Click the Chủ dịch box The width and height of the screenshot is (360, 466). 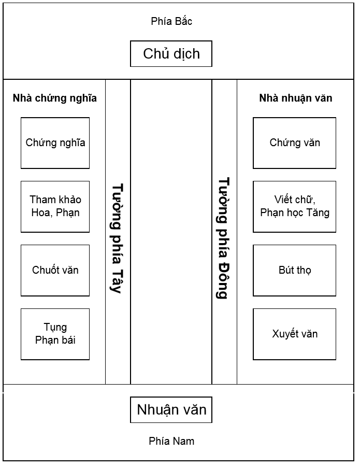[x=171, y=54]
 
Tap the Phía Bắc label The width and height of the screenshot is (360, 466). [x=171, y=21]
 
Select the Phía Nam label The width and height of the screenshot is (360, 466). [x=171, y=441]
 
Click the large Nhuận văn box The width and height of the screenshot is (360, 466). [x=171, y=410]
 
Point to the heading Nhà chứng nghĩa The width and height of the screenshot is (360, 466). [x=55, y=98]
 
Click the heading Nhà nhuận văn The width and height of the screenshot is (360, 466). [x=296, y=98]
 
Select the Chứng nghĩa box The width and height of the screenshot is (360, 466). [x=55, y=143]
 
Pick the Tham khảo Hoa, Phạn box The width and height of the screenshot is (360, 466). [x=55, y=206]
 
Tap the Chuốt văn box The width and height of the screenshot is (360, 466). [x=55, y=271]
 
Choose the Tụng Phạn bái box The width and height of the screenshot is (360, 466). [x=55, y=334]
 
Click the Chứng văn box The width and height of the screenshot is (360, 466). [x=294, y=143]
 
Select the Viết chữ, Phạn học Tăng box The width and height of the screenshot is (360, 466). [x=294, y=206]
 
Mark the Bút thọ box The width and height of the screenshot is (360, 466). [x=294, y=271]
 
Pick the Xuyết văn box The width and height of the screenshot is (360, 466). [x=294, y=334]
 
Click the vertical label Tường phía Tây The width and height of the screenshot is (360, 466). [x=117, y=238]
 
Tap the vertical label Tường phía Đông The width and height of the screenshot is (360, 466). [x=223, y=238]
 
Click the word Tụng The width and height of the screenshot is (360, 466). [x=55, y=328]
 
